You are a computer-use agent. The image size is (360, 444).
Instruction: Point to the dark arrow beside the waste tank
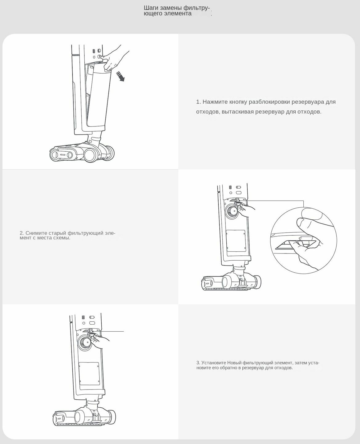120,76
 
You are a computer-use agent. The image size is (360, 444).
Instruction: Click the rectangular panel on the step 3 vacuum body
89,373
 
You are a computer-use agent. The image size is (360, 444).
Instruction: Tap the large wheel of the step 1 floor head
91,154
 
